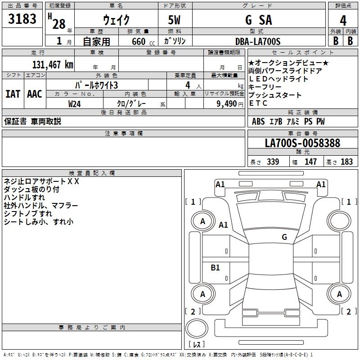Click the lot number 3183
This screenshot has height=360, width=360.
[22, 19]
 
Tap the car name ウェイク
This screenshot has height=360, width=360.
[116, 20]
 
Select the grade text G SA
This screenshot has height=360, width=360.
[258, 20]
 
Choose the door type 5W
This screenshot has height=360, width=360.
[175, 20]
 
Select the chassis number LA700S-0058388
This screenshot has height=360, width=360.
[302, 144]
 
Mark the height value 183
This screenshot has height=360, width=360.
[346, 162]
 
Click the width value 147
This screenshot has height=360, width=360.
[310, 162]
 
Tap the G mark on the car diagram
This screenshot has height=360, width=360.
[284, 237]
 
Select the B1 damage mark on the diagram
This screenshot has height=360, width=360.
[216, 268]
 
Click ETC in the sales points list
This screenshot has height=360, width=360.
[258, 103]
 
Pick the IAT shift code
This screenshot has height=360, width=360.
[13, 94]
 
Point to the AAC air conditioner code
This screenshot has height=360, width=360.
[35, 94]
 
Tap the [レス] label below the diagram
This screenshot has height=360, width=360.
[197, 344]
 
